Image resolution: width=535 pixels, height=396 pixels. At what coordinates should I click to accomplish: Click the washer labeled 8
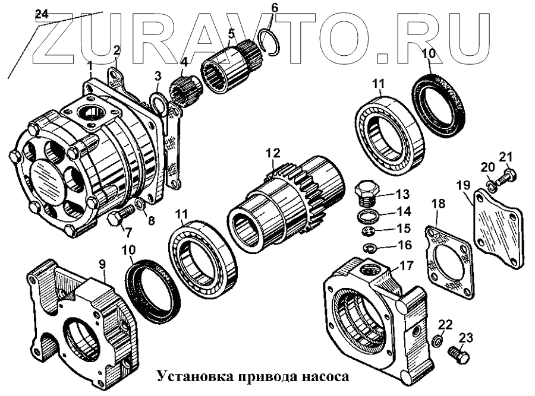[x=139, y=206]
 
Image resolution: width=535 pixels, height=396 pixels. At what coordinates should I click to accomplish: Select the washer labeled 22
[x=438, y=341]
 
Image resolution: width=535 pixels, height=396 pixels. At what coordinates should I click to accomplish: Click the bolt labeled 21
[x=506, y=175]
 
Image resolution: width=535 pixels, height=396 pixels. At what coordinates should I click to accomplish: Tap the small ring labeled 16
[x=369, y=247]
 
